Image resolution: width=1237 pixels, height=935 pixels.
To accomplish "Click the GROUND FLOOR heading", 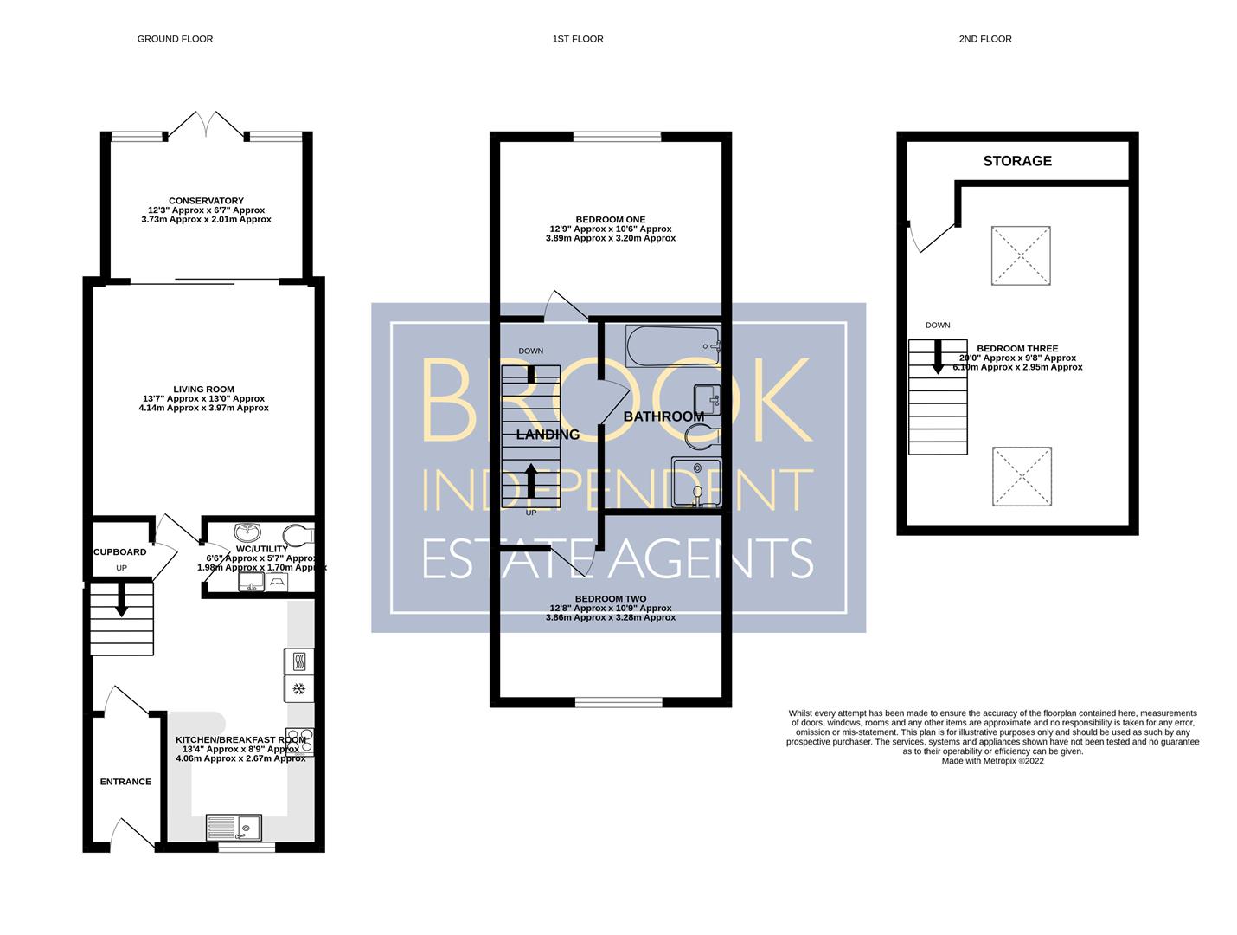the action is [x=175, y=39].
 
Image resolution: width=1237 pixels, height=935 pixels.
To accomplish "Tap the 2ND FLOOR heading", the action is [x=984, y=39].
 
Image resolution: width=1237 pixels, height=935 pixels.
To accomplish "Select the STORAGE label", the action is [x=1016, y=161].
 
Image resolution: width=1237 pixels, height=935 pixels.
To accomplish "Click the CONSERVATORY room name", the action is [x=206, y=200].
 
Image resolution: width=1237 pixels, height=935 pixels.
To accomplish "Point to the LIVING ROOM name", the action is [x=203, y=389].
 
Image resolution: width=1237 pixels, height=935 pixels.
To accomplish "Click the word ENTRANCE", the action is [x=125, y=781].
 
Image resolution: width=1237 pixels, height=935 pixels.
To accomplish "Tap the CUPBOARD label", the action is [x=119, y=551].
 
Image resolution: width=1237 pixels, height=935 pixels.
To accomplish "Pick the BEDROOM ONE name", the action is [x=611, y=219].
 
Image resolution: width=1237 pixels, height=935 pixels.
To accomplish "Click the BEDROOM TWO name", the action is [x=611, y=598].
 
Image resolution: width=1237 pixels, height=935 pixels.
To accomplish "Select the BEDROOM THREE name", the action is [x=1017, y=349].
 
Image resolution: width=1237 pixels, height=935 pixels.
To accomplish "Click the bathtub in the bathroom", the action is [x=672, y=345].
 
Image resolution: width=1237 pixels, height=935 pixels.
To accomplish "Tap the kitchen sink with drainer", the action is [x=234, y=828].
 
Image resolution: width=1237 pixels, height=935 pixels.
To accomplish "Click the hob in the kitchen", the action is [x=299, y=742].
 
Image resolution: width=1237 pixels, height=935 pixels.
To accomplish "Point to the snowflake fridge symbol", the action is [x=299, y=688].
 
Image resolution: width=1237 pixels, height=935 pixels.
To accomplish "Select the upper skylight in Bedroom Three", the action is [x=1020, y=255].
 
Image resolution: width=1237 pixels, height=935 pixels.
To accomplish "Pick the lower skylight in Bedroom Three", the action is [x=1021, y=476].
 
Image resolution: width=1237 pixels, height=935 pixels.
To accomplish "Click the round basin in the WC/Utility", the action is [x=247, y=532].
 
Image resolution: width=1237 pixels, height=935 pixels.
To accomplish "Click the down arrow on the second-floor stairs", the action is [x=937, y=357].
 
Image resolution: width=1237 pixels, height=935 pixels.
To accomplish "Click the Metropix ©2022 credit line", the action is [x=992, y=761].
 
